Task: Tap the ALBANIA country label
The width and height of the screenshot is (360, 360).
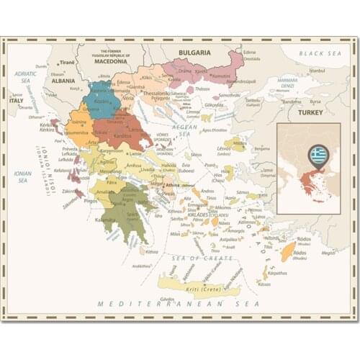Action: [63, 81]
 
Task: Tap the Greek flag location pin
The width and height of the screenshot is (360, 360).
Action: [318, 155]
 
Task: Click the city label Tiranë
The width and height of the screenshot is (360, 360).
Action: [67, 63]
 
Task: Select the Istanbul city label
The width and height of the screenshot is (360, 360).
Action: [318, 71]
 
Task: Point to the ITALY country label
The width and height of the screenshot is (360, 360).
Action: [16, 101]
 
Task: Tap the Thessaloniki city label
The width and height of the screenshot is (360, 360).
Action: [155, 93]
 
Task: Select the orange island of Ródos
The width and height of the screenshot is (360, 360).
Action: [288, 251]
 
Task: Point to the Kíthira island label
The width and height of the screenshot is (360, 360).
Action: [151, 252]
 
